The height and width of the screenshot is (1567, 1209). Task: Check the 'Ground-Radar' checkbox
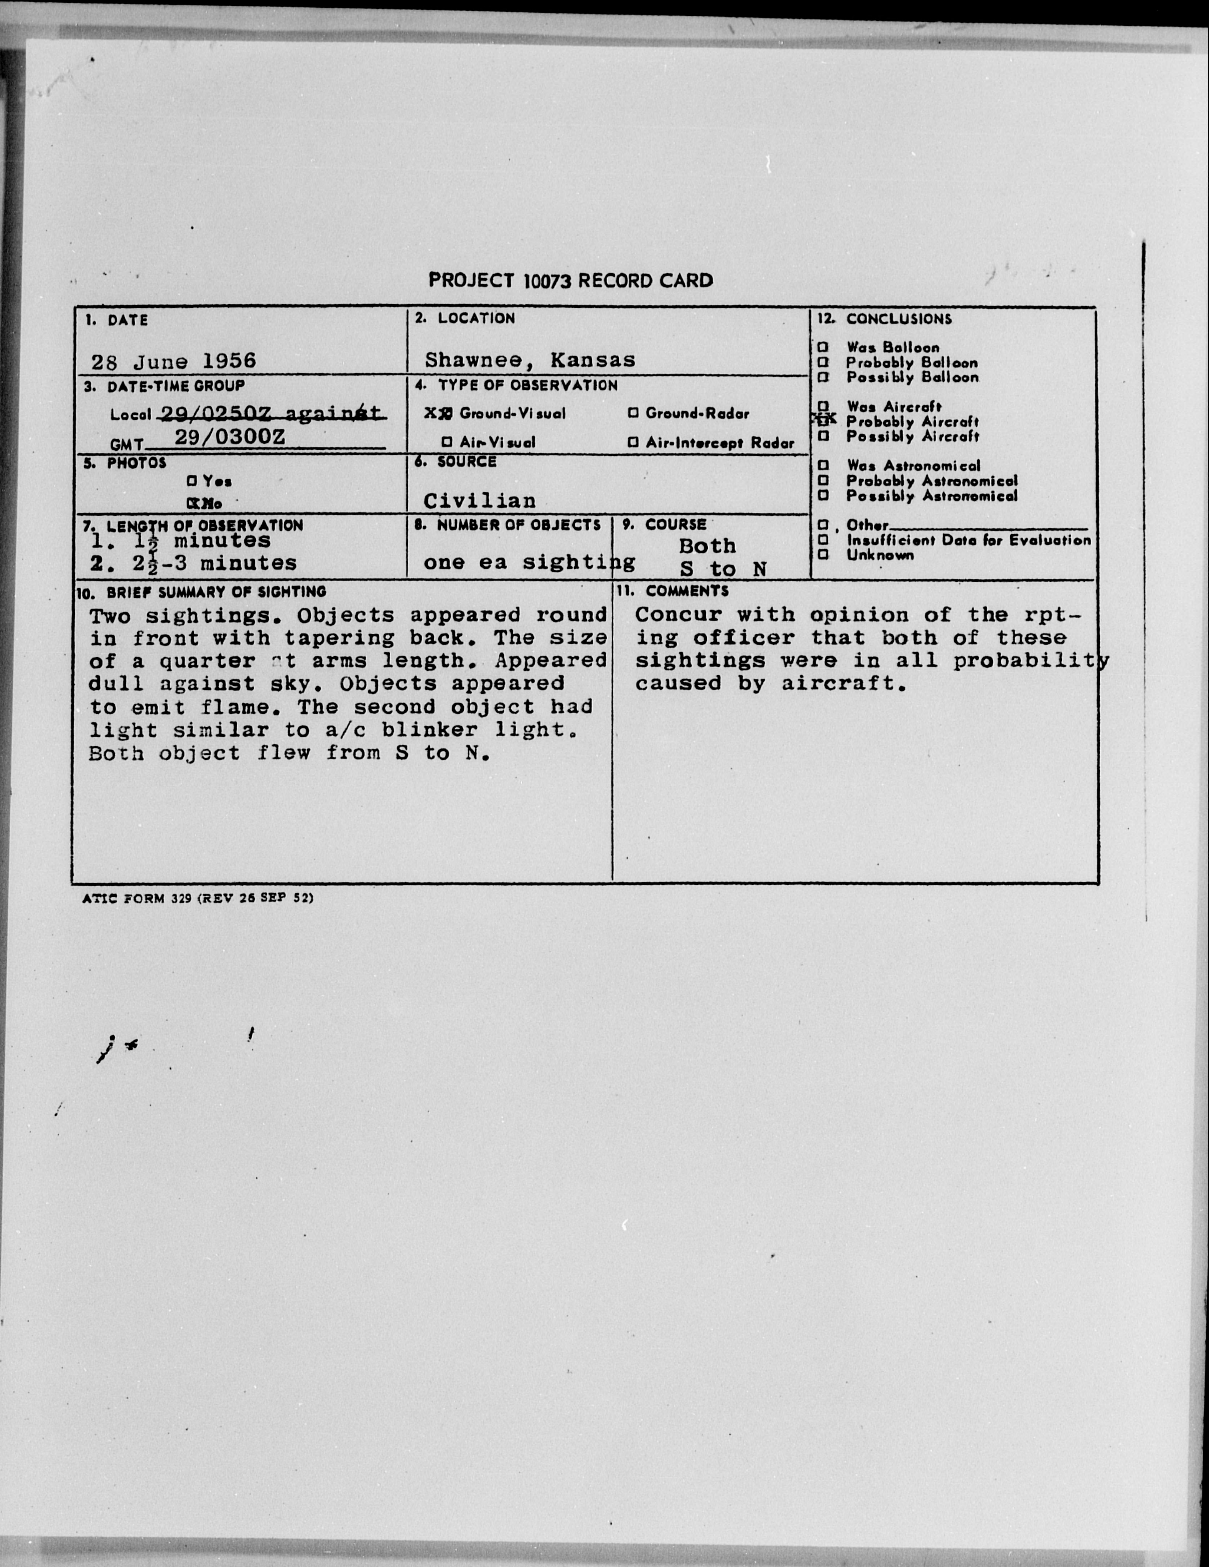coord(633,413)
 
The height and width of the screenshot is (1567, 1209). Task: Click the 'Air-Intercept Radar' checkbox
coord(633,443)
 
